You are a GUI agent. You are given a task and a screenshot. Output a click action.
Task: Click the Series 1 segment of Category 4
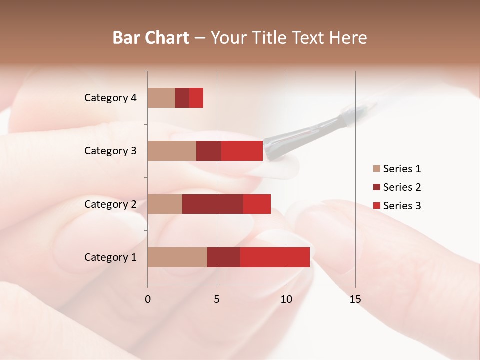pyautogui.click(x=161, y=98)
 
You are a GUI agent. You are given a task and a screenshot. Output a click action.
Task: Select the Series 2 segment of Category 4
pyautogui.click(x=182, y=98)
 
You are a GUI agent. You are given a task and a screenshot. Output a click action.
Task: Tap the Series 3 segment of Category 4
pyautogui.click(x=196, y=98)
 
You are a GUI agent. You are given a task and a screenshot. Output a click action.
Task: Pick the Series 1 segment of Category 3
pyautogui.click(x=172, y=151)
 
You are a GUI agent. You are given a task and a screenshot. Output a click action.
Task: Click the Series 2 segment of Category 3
pyautogui.click(x=209, y=151)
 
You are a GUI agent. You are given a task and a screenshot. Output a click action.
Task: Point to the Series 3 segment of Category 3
pyautogui.click(x=242, y=151)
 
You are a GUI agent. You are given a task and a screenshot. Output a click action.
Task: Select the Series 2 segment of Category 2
pyautogui.click(x=213, y=204)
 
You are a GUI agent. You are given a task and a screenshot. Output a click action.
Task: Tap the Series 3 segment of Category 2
pyautogui.click(x=257, y=204)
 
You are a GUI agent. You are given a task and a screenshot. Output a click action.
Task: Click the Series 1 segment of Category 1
pyautogui.click(x=177, y=257)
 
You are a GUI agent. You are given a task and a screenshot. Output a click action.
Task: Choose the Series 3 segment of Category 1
pyautogui.click(x=275, y=257)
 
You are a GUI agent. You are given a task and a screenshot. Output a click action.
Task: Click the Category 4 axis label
pyautogui.click(x=110, y=98)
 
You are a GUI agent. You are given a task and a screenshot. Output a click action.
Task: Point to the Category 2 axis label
pyautogui.click(x=110, y=204)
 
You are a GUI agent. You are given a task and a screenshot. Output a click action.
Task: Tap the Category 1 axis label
pyautogui.click(x=110, y=257)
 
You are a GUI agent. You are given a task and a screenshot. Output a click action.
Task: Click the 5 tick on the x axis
pyautogui.click(x=217, y=299)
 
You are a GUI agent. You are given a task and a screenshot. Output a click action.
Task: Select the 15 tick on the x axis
pyautogui.click(x=355, y=299)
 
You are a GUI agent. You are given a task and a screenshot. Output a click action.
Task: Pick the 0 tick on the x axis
pyautogui.click(x=148, y=299)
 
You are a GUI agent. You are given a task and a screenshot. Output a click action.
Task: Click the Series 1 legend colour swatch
pyautogui.click(x=377, y=169)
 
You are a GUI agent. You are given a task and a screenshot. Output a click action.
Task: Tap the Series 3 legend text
pyautogui.click(x=402, y=206)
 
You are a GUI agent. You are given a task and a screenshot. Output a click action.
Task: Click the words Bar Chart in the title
pyautogui.click(x=151, y=38)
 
